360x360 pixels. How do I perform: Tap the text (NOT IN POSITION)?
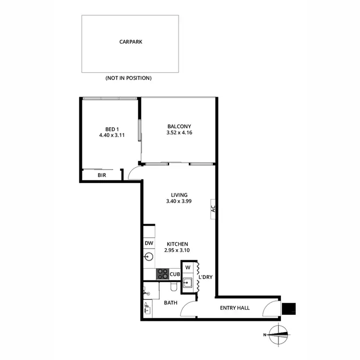click(x=128, y=78)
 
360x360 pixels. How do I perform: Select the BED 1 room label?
click(x=111, y=129)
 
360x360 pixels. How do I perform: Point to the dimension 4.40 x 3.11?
click(x=111, y=135)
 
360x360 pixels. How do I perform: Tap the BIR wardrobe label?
click(x=102, y=175)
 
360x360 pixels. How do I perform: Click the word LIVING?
click(x=179, y=195)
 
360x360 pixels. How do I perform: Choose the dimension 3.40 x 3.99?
click(x=179, y=202)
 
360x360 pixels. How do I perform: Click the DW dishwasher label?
click(x=149, y=243)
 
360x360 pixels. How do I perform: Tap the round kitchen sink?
click(x=149, y=257)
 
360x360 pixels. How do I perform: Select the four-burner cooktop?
click(x=162, y=274)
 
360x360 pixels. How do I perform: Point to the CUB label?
click(x=174, y=275)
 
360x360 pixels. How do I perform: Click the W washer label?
click(x=188, y=267)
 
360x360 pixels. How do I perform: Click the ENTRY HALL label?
click(x=235, y=308)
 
